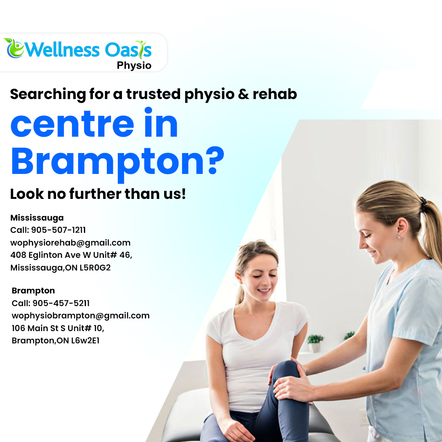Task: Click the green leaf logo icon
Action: coord(14,48)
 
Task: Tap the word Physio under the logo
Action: coord(134,65)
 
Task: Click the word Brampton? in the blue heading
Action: coord(117,162)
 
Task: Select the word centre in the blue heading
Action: coord(72,125)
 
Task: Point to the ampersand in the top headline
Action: coord(244,94)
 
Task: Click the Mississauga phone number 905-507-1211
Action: coord(59,230)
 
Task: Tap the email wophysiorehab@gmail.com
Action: coord(70,243)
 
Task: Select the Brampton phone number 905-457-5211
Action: coord(61,303)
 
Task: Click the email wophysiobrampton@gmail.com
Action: coord(81,316)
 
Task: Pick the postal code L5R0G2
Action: coord(95,268)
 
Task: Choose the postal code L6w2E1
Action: coord(85,341)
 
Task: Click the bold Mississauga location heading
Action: coord(37,218)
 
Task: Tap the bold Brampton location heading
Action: coord(33,291)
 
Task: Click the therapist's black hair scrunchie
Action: coord(423,205)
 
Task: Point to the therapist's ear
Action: coord(402,229)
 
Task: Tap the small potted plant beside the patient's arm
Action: coord(316,343)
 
